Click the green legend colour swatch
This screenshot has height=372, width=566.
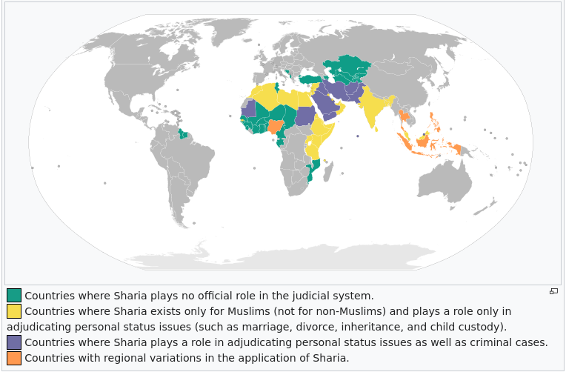tap(14, 295)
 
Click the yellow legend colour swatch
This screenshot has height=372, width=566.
tap(14, 311)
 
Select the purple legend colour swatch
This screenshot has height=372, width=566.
tap(14, 342)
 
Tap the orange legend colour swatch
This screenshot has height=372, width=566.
tap(14, 358)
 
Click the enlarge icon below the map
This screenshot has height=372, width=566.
tap(553, 291)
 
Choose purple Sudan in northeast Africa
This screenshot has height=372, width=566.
tap(304, 117)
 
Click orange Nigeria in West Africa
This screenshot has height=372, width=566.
tap(275, 127)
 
